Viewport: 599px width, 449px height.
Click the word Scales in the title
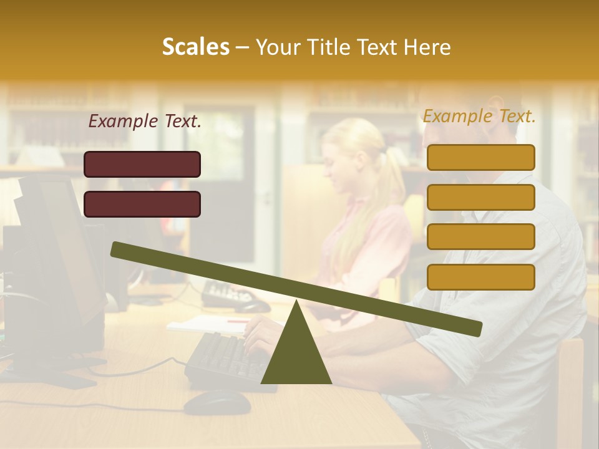click(x=195, y=47)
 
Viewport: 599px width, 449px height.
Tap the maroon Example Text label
click(x=145, y=121)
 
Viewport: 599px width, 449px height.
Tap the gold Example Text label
click(x=479, y=116)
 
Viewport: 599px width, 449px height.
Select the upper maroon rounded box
click(x=142, y=164)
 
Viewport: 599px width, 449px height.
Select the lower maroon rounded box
click(x=142, y=204)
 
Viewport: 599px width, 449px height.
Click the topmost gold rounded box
click(x=481, y=157)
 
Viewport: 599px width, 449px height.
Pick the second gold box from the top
click(x=481, y=197)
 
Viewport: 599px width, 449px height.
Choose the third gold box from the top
click(x=481, y=237)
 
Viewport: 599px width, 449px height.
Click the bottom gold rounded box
click(x=481, y=277)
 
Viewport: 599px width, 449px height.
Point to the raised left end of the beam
click(x=119, y=249)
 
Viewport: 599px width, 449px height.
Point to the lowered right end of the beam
click(x=474, y=329)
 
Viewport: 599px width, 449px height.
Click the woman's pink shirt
click(x=368, y=249)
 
